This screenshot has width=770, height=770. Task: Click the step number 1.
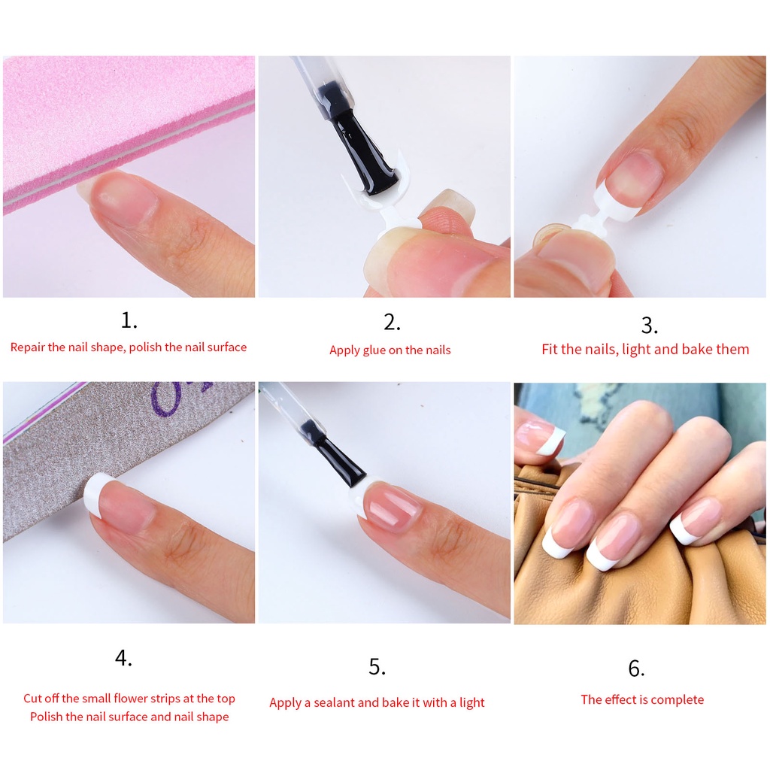pyautogui.click(x=129, y=320)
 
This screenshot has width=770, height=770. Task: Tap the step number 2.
pyautogui.click(x=391, y=322)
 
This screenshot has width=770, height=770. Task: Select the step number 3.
pyautogui.click(x=649, y=325)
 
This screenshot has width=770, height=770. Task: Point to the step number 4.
pyautogui.click(x=123, y=658)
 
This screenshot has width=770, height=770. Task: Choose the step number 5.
pyautogui.click(x=377, y=667)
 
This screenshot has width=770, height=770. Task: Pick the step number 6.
pyautogui.click(x=636, y=668)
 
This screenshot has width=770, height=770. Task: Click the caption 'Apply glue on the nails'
pyautogui.click(x=390, y=350)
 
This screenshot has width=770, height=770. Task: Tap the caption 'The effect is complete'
pyautogui.click(x=642, y=699)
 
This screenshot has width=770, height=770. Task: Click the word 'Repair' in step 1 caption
pyautogui.click(x=28, y=347)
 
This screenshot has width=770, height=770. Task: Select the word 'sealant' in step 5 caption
pyautogui.click(x=334, y=702)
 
